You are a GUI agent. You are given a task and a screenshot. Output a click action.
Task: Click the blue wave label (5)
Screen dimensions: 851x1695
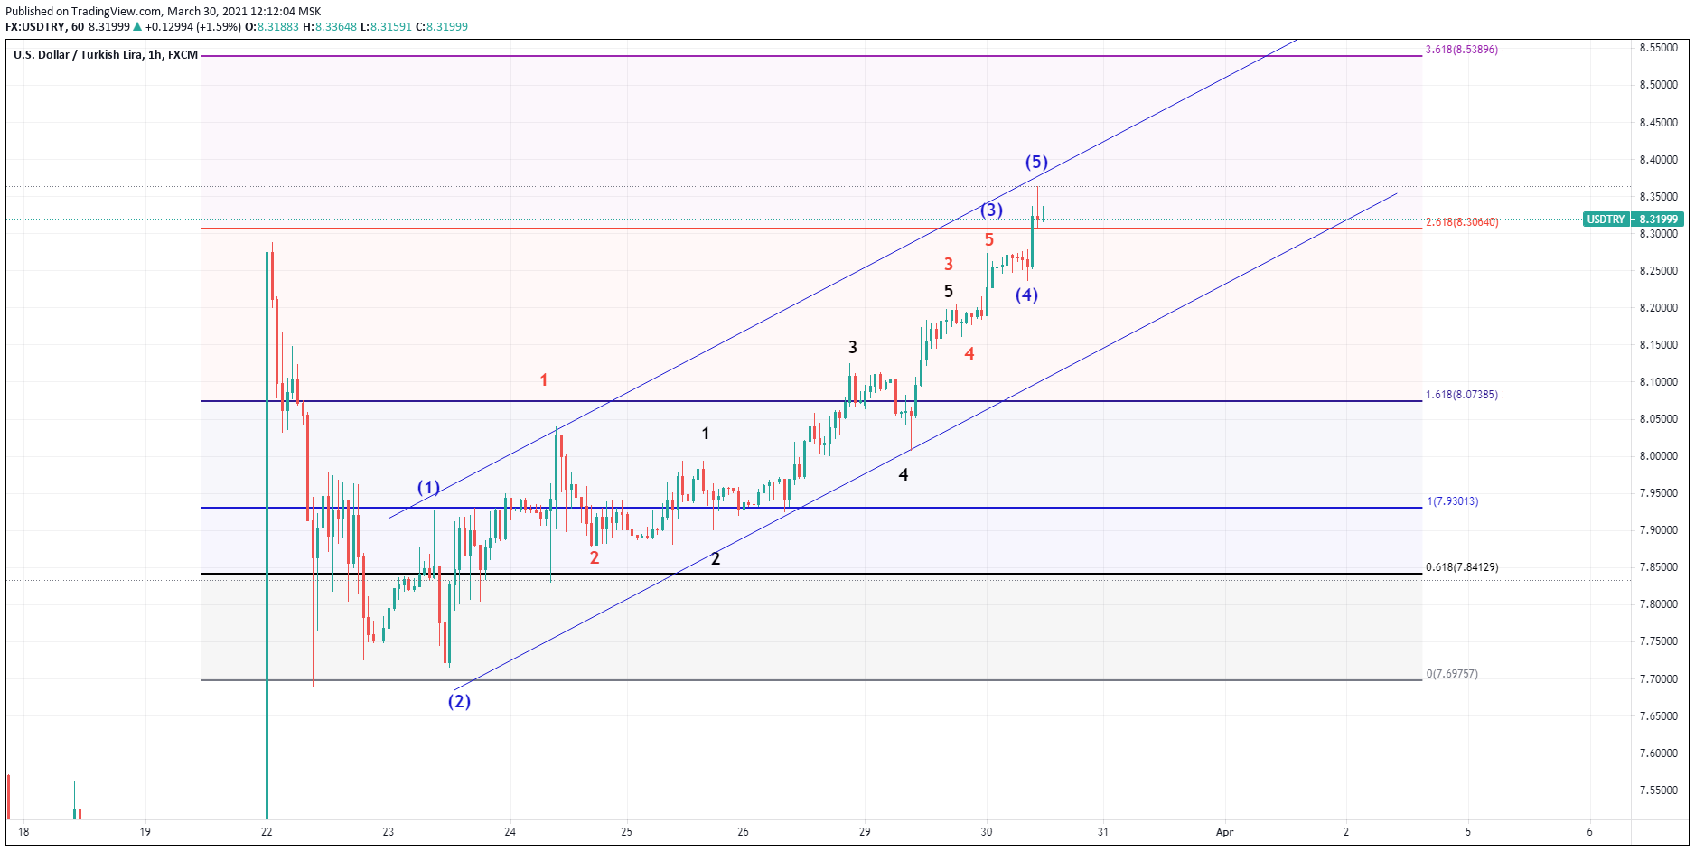point(1035,163)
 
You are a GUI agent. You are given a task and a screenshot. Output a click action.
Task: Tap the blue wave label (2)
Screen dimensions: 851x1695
point(459,701)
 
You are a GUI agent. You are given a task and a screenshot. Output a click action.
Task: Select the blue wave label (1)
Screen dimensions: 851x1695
point(428,488)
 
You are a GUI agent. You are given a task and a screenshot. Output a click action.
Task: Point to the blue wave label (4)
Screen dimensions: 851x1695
point(1026,295)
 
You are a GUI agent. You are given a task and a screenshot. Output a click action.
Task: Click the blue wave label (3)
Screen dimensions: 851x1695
point(991,210)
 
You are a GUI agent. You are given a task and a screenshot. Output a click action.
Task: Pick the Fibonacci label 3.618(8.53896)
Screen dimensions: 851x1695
point(1461,50)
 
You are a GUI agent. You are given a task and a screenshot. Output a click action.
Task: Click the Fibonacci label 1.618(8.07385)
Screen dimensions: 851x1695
point(1461,395)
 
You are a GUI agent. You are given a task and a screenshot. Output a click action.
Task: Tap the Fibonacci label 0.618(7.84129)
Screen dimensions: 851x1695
point(1461,567)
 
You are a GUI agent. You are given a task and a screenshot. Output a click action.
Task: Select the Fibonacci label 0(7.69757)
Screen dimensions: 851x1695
point(1452,674)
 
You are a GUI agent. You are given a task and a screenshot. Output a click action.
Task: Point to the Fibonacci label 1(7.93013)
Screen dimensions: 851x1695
point(1453,501)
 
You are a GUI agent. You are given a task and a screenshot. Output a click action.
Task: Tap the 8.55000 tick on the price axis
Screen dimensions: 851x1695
point(1659,48)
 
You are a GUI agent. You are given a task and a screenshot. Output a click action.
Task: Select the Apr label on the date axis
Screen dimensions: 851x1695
point(1224,832)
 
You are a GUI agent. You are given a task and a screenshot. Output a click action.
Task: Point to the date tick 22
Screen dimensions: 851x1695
point(267,832)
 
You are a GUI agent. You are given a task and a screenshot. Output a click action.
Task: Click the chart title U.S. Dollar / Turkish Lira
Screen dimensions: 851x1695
point(79,55)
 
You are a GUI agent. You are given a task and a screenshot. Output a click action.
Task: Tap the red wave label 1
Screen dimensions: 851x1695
point(544,380)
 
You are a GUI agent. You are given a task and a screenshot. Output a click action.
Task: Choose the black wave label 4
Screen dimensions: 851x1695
point(904,475)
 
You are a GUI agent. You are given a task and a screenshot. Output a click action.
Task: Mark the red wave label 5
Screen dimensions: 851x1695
point(989,240)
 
